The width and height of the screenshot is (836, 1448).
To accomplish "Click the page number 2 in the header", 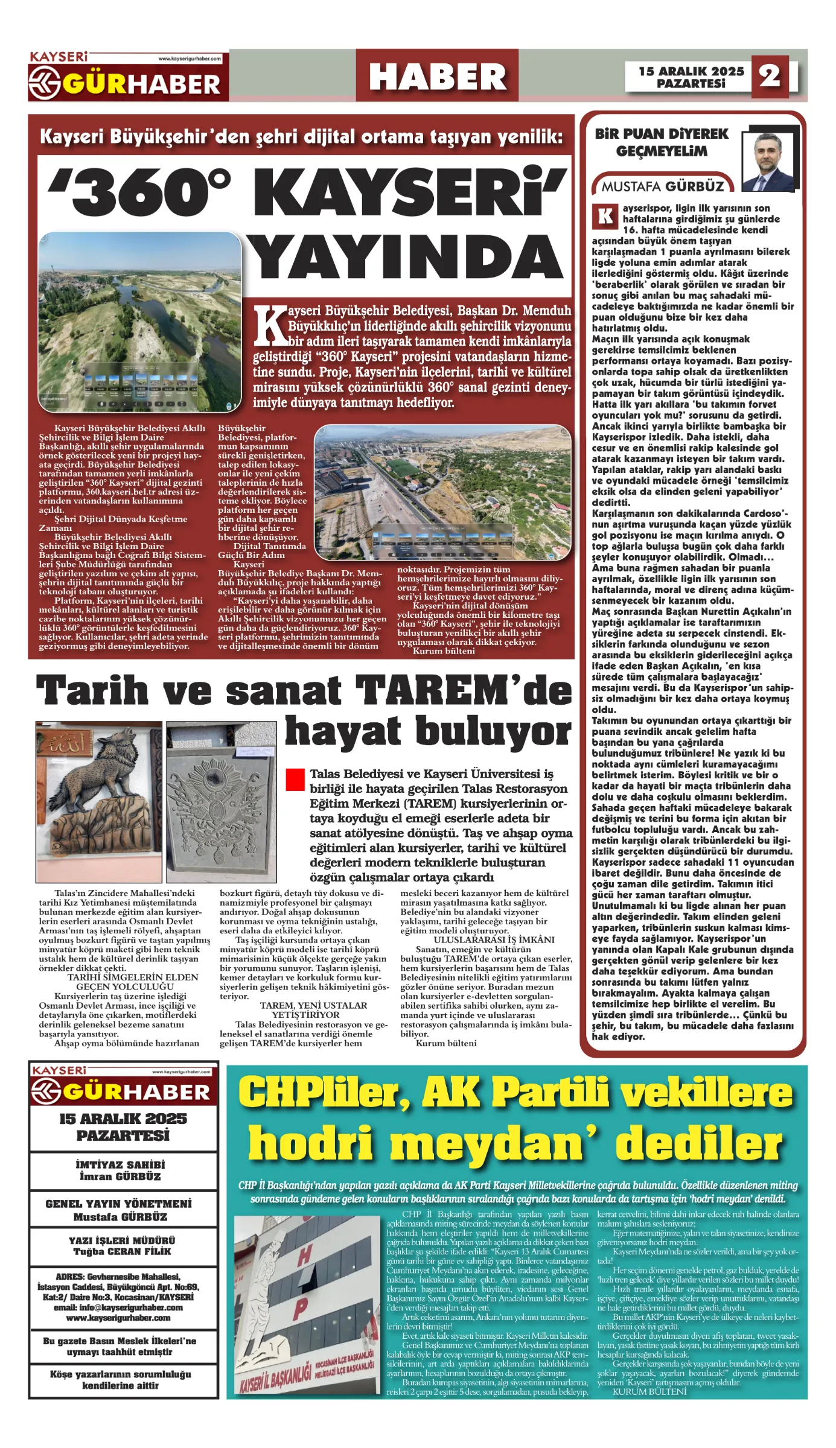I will click(x=770, y=76).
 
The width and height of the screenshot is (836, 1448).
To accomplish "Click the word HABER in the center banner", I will click(x=437, y=77).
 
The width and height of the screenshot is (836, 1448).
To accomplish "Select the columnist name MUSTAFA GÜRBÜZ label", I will click(x=662, y=186).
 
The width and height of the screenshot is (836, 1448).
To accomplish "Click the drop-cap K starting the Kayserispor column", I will click(x=605, y=216).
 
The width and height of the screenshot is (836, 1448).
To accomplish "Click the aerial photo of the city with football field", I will click(x=442, y=492).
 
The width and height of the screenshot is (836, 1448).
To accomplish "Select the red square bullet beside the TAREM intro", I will click(x=295, y=779).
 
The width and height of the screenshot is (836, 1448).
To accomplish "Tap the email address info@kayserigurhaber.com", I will click(x=118, y=1307).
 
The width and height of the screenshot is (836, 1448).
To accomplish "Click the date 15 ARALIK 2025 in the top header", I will click(x=691, y=71).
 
